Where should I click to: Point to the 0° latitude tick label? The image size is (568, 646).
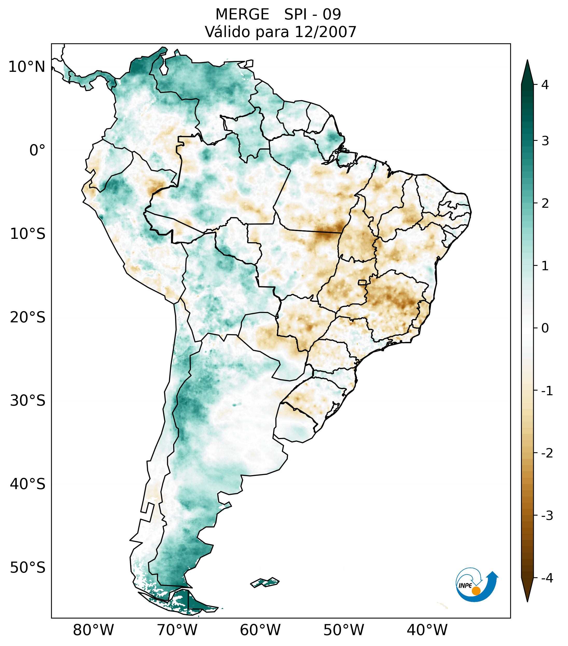37,150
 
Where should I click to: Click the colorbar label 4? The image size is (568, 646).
545,85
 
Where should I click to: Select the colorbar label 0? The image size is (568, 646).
545,328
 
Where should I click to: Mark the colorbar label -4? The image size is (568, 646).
547,578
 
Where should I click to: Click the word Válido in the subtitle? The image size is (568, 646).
227,32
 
